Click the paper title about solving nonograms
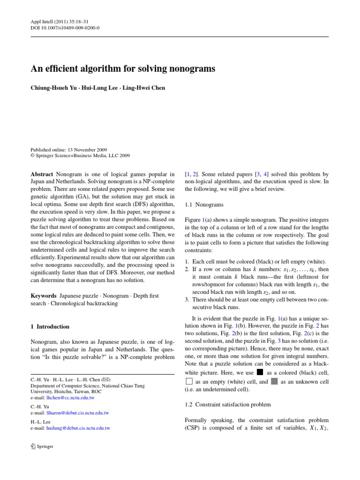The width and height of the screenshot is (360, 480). (123, 69)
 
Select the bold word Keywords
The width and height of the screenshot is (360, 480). (44, 296)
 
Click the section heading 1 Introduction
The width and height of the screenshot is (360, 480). (50, 327)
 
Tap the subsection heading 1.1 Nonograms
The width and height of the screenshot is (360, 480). (204, 205)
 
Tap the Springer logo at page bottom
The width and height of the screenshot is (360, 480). (42, 446)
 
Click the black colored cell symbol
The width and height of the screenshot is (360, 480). (260, 372)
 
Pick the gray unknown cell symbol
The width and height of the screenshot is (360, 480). (274, 382)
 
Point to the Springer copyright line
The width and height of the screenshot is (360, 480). (80, 156)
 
